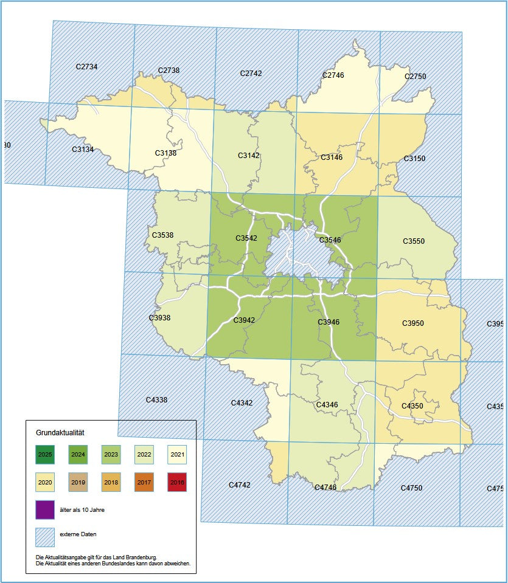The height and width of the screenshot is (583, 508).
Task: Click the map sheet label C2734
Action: pos(86,66)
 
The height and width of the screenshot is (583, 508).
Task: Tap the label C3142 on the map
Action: pos(248,156)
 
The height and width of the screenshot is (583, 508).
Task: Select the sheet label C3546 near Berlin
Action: pos(329,240)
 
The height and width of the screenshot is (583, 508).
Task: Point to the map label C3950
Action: pos(412,323)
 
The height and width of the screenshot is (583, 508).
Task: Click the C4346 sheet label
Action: pos(327,404)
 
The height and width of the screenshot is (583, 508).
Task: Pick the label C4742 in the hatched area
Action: pos(240,485)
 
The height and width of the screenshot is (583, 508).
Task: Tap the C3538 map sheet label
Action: pos(162,235)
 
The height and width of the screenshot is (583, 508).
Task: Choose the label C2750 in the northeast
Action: pos(415,77)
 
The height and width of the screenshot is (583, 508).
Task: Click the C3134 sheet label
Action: pos(83,149)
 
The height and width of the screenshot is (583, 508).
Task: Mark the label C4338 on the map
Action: pos(156,400)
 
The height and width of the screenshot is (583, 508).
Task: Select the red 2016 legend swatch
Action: pos(177,482)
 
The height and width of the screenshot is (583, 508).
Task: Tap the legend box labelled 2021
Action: pos(177,454)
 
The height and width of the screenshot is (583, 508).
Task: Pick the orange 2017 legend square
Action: pos(144,482)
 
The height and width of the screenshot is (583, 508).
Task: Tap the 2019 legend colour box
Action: pos(78,482)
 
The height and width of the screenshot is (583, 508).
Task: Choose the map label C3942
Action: pos(244,320)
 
